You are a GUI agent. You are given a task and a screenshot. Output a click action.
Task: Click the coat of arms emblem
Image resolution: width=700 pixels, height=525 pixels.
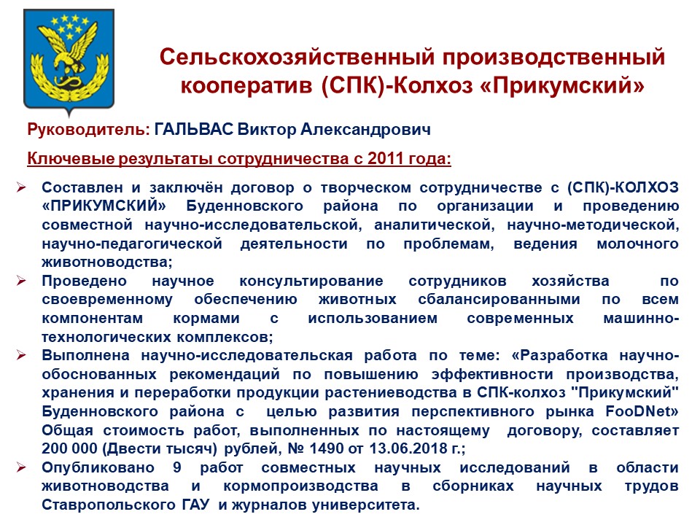click(x=69, y=61)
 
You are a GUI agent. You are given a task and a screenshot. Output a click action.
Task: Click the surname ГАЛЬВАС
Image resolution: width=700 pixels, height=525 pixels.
click(x=194, y=130)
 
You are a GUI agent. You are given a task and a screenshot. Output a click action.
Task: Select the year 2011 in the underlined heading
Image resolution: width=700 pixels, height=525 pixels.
click(x=385, y=158)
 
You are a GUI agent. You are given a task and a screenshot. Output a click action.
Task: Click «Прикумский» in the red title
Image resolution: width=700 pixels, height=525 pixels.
click(x=562, y=85)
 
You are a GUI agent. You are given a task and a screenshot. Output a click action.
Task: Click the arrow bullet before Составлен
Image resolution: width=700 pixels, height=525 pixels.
click(x=21, y=187)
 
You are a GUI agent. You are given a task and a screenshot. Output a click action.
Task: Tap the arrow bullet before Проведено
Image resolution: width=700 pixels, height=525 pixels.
click(x=21, y=281)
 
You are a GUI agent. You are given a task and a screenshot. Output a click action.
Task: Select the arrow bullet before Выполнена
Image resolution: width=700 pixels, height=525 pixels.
click(x=21, y=355)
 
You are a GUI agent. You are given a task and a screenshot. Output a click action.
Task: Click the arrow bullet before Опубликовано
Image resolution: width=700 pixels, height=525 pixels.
click(x=21, y=467)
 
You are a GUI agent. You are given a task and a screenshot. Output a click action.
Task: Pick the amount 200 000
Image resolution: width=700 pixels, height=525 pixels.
click(x=69, y=448)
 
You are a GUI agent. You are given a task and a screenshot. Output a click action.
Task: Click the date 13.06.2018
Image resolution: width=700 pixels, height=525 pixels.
click(x=408, y=448)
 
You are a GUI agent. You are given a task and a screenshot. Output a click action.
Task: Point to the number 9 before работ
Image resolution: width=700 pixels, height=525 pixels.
click(x=177, y=467)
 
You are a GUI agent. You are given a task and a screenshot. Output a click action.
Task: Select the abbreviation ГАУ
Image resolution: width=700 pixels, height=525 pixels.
click(x=195, y=505)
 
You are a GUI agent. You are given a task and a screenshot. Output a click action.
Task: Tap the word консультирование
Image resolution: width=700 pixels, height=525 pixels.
click(x=311, y=281)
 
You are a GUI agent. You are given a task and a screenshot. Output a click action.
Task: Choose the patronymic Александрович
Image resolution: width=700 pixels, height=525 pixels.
click(x=365, y=130)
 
